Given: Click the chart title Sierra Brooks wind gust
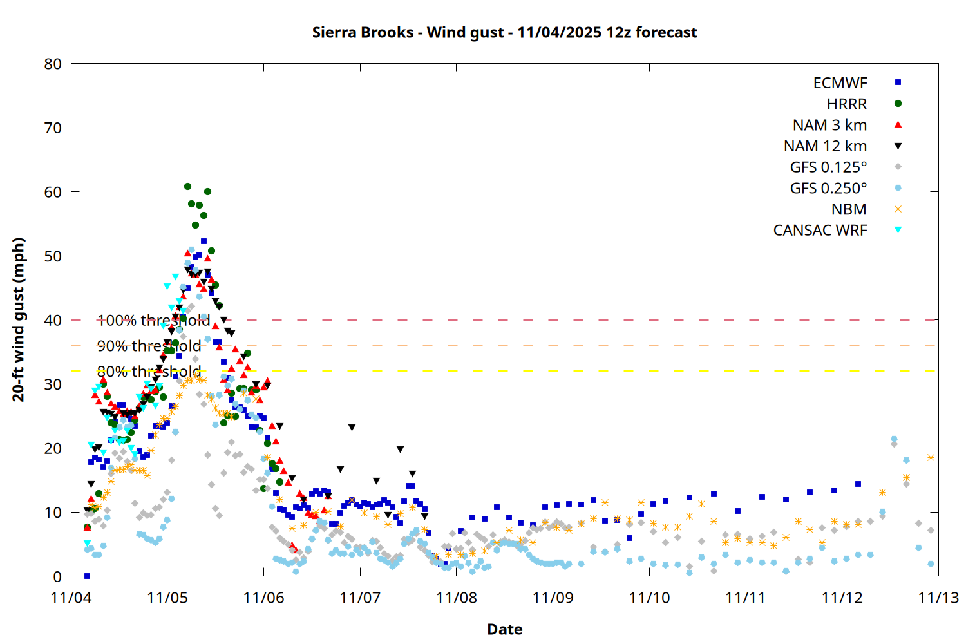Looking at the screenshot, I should tap(504, 32).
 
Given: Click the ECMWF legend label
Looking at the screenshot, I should tap(840, 83).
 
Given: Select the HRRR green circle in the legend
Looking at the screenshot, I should tap(898, 104).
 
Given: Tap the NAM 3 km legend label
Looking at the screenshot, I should tap(829, 125).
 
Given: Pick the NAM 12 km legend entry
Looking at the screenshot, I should tap(825, 146).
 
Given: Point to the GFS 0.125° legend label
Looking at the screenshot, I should tap(828, 167).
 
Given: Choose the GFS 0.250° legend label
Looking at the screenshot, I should tap(828, 189).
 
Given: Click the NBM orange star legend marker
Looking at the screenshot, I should tap(898, 209).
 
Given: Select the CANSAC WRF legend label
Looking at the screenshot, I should tap(820, 231).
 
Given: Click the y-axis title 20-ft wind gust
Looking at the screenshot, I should tap(19, 319).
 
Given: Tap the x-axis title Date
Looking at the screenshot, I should tap(504, 629).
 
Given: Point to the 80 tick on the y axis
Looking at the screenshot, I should tap(53, 64).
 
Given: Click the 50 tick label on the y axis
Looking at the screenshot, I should tap(53, 256).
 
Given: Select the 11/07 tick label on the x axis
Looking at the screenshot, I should tap(360, 598).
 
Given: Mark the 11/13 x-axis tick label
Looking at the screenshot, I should tap(938, 598).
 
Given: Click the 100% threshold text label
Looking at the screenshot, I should tap(153, 320).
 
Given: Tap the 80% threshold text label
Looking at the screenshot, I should tap(149, 372).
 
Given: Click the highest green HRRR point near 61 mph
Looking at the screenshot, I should tap(187, 187).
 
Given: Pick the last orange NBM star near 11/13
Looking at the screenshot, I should tap(931, 458).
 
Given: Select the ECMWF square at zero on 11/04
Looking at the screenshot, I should tap(87, 576).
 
